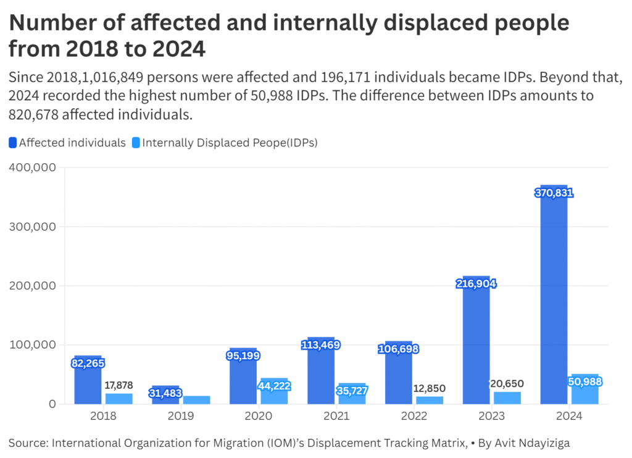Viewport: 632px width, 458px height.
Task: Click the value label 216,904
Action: [x=476, y=284]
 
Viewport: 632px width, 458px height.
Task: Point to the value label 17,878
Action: [x=118, y=385]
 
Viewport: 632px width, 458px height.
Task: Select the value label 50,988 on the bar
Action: [x=584, y=382]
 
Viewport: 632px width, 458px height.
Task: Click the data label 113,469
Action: [x=320, y=344]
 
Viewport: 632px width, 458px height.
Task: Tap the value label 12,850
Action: [x=429, y=388]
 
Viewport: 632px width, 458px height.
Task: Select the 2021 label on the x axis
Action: [x=336, y=416]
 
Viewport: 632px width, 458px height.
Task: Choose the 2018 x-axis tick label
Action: [x=102, y=416]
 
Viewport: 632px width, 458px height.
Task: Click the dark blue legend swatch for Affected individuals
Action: [x=13, y=143]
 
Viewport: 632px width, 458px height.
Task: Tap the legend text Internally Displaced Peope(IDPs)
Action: [x=230, y=143]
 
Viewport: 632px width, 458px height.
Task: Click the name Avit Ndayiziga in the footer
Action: [x=532, y=443]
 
